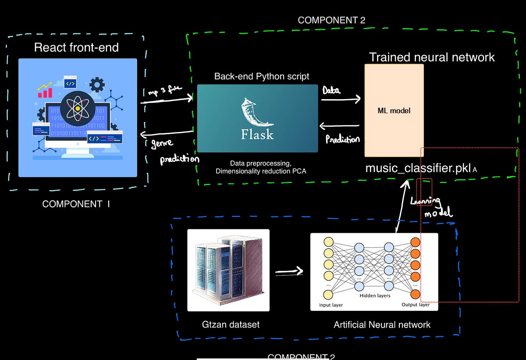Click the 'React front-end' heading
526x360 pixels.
pyautogui.click(x=76, y=47)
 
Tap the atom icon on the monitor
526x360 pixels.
pyautogui.click(x=78, y=108)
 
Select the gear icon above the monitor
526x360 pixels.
pyautogui.click(x=97, y=84)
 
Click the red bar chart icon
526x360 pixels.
pyautogui.click(x=45, y=92)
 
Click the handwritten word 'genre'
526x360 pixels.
pyautogui.click(x=162, y=143)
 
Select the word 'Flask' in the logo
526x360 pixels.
pyautogui.click(x=257, y=134)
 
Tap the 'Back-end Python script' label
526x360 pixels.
pyautogui.click(x=262, y=76)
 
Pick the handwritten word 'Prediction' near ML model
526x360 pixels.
pyautogui.click(x=343, y=139)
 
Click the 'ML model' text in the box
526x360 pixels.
pyautogui.click(x=394, y=110)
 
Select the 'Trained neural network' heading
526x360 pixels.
pyautogui.click(x=432, y=57)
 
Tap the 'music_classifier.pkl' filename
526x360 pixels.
pyautogui.click(x=418, y=168)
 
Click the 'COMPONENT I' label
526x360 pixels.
pyautogui.click(x=76, y=204)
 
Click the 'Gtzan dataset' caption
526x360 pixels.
pyautogui.click(x=231, y=324)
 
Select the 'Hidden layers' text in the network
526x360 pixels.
pyautogui.click(x=375, y=296)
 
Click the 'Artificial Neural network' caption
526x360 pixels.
pyautogui.click(x=382, y=325)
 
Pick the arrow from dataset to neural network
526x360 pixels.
pyautogui.click(x=289, y=272)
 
